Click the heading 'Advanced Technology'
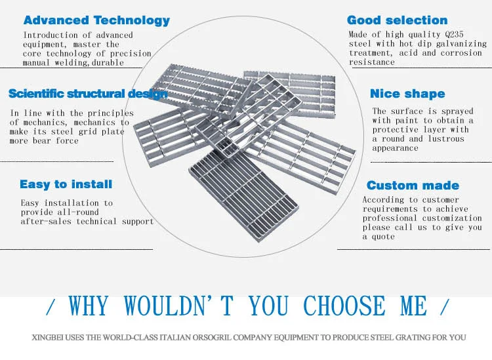96,20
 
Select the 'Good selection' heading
397,20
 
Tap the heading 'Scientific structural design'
87,94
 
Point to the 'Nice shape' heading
407,94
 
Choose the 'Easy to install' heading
66,184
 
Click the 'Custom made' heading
413,186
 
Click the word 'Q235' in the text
474,35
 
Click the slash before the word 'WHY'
52,306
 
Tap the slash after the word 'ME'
445,306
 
